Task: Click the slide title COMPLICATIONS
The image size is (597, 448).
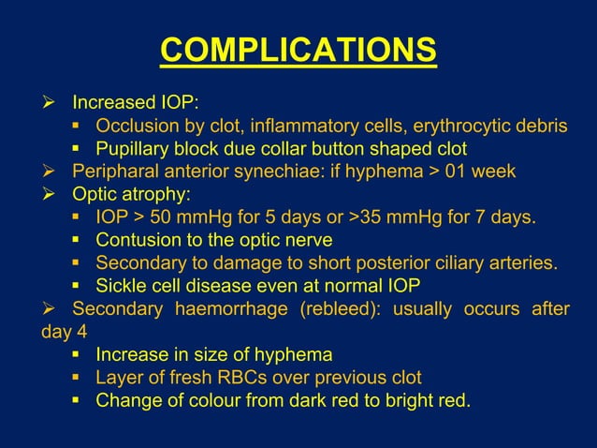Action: [x=298, y=50]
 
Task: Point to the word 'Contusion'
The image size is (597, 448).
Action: [x=138, y=240]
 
